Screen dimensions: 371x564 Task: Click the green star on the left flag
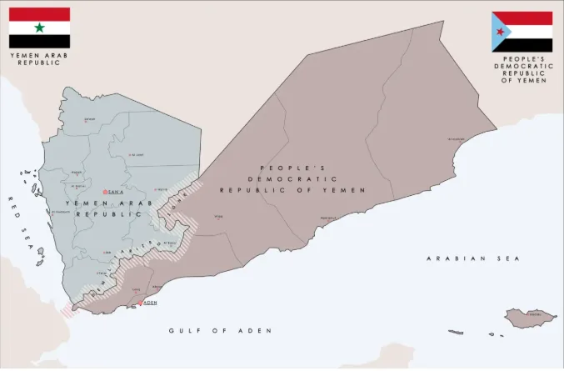pos(39,28)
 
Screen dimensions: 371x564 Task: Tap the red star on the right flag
pos(500,31)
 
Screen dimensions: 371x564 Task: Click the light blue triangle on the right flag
pos(502,31)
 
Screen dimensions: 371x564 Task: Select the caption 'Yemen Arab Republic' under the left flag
pos(38,59)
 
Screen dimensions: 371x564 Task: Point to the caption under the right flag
pos(522,70)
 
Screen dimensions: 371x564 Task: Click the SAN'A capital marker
pos(105,193)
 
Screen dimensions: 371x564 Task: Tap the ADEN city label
pos(151,303)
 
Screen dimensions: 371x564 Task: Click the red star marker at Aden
pos(140,303)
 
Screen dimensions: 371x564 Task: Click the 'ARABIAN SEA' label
pos(472,258)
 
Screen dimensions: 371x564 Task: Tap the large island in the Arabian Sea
pos(531,317)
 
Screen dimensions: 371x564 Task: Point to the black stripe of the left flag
pos(39,41)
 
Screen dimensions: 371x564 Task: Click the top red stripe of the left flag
pos(39,14)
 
